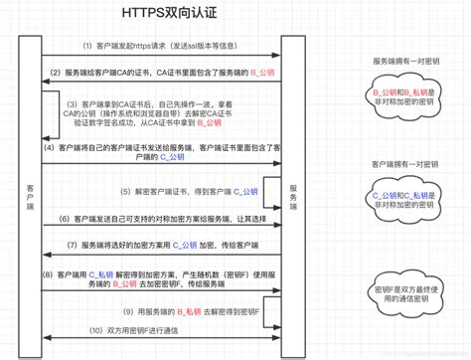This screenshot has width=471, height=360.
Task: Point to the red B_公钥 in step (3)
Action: [x=210, y=123]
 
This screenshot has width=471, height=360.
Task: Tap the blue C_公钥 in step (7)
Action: [x=186, y=245]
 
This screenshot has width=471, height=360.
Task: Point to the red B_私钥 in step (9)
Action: [x=189, y=311]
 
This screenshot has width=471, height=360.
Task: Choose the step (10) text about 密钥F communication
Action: [x=139, y=329]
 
